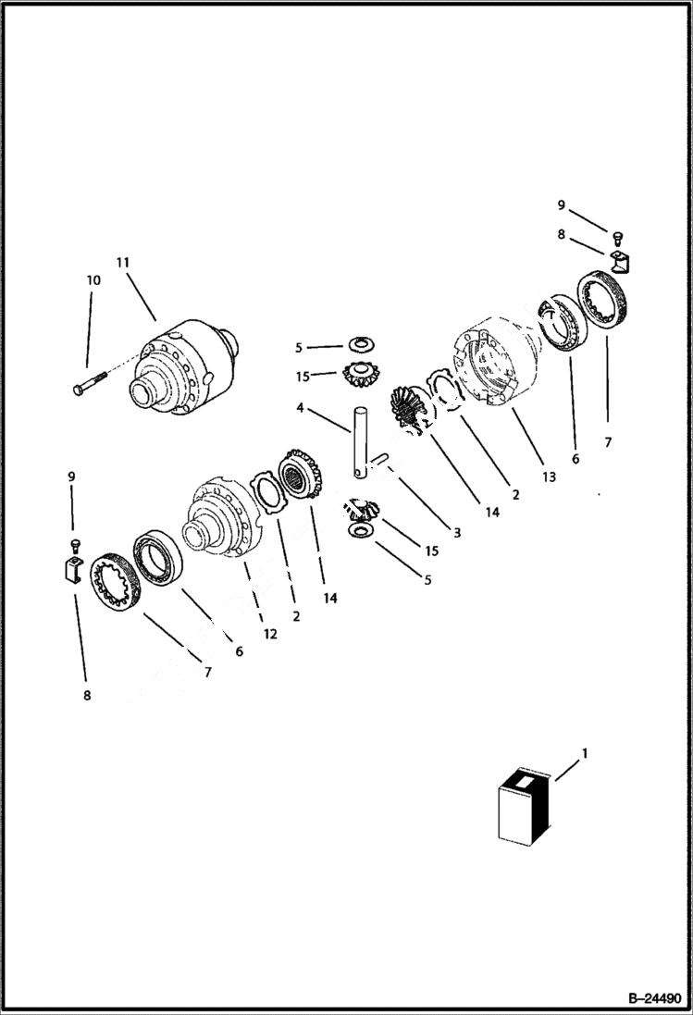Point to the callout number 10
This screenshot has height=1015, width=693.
(93, 279)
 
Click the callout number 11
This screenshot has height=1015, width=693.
(122, 263)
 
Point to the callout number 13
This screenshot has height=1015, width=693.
(549, 477)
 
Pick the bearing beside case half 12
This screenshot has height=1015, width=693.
(160, 560)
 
